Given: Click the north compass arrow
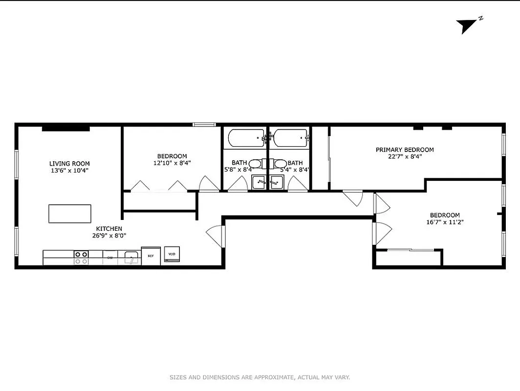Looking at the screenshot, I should point(467,26).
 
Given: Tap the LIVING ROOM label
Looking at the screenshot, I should point(69,164).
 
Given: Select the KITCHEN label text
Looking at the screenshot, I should point(108,229).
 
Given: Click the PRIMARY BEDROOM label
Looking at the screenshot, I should point(405,150).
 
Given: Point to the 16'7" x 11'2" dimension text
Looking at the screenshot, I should point(444,222).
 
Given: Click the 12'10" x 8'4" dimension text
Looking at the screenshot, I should point(172,163).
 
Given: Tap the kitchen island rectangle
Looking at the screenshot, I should point(70,214).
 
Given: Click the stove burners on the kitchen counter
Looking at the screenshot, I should point(81,258).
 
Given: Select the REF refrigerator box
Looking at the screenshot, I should point(151,256).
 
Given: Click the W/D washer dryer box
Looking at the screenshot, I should point(172,254).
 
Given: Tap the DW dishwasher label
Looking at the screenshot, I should point(110,258).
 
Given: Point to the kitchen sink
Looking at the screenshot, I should point(131,258).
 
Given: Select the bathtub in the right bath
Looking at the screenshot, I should point(290,138).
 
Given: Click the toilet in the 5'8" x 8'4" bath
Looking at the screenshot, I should point(255,163).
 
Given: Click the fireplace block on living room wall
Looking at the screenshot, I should point(65,129).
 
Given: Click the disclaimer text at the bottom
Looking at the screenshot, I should point(260,377).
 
